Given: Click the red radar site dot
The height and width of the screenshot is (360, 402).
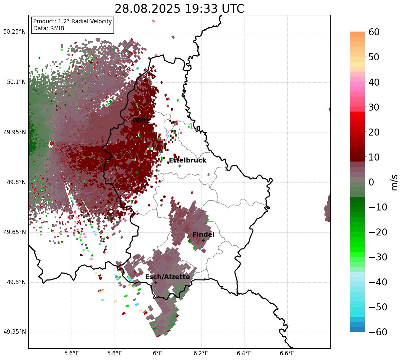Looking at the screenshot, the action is pos(52,144).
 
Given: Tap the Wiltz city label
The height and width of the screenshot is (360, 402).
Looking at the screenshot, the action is pos(141,121).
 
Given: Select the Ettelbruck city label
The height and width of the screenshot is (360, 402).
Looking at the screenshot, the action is pos(188,161).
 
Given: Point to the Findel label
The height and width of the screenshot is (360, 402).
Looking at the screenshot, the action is pos(203,234).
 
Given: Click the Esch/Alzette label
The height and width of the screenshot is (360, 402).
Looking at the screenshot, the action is pos(168,277).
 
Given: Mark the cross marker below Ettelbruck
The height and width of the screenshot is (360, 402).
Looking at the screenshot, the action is pos(180,166).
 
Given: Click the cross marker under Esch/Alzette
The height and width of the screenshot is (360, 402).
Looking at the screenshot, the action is pos(156,282).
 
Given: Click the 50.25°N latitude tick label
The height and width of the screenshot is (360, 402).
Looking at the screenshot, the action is pos(14,32).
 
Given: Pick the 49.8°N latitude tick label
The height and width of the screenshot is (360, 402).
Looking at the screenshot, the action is pos(16,182).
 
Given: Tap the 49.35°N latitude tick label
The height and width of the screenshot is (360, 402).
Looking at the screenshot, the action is pos(14,332).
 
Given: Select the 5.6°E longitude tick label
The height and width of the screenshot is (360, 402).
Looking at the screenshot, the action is pos(71,353).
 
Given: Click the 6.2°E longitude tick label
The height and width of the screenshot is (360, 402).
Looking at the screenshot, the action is pos(201,353).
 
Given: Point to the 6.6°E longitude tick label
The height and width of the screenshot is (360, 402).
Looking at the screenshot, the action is pos(287,353).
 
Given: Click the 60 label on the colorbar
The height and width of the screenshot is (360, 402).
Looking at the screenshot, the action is pos(374,32).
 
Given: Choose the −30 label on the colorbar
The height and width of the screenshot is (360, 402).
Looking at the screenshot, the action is pos(378,257).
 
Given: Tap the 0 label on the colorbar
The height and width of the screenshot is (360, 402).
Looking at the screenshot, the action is pos(371,182).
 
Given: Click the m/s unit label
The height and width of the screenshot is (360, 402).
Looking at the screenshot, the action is pos(394,182).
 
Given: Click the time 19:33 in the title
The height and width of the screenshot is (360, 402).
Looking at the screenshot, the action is pos(201,9).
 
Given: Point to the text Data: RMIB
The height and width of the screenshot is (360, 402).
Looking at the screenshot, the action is pos(49,28).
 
